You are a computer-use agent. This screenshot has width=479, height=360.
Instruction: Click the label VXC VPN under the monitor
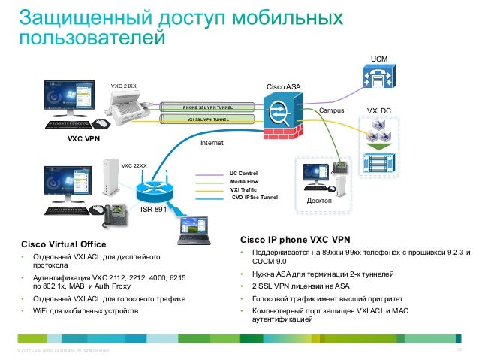click(x=84, y=139)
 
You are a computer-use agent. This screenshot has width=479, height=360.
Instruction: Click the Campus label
click(x=331, y=110)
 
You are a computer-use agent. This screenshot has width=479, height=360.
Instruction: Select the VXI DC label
click(x=378, y=110)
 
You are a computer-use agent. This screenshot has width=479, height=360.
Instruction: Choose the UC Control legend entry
click(x=243, y=173)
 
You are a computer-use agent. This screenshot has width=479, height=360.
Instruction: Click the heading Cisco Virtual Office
click(x=64, y=244)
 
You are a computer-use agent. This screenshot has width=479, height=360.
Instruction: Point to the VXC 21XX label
click(x=124, y=86)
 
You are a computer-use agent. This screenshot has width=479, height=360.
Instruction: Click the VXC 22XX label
click(x=134, y=165)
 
